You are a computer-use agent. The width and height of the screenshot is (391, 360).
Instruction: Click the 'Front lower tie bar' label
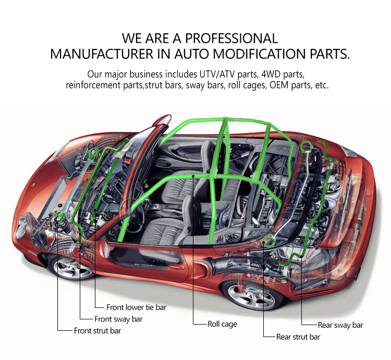click(136, 307)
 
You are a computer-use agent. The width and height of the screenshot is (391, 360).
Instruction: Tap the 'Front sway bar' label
click(118, 319)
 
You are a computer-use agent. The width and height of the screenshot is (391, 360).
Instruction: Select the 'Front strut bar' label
click(100, 330)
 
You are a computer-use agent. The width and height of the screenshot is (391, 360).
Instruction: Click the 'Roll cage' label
click(222, 324)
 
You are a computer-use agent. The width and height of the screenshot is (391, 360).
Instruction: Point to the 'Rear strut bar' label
click(298, 337)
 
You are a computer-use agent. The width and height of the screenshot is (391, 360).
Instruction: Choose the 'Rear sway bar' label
click(340, 325)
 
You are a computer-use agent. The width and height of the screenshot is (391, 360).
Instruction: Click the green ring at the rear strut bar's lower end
click(269, 240)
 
